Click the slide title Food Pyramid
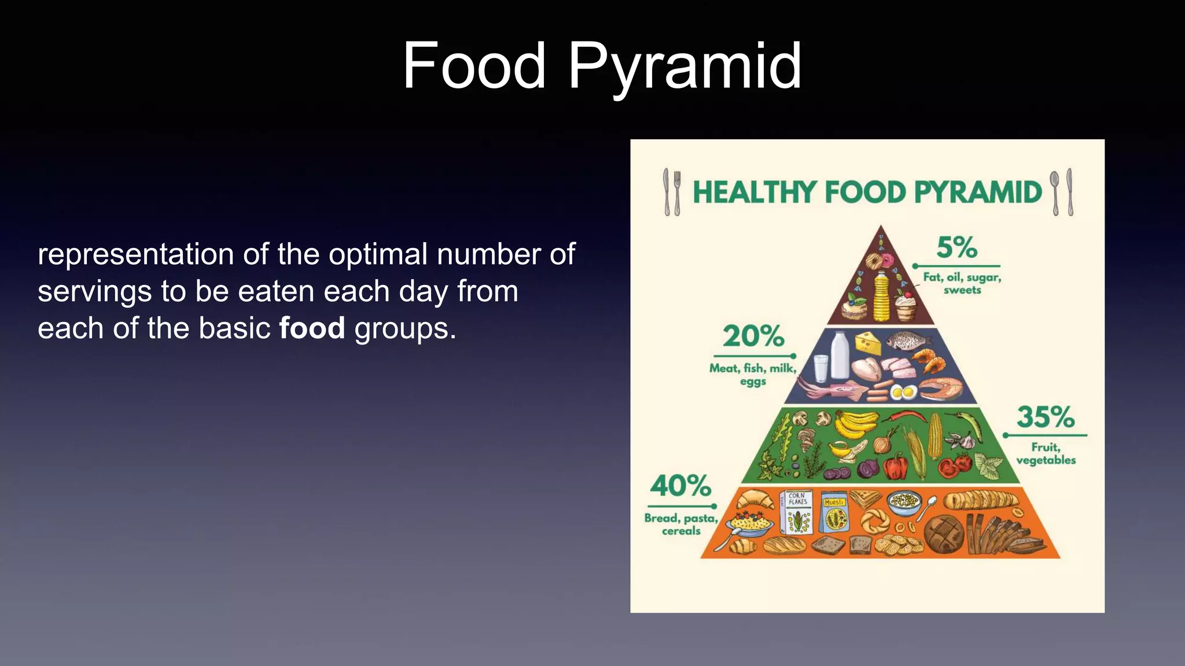[x=602, y=66]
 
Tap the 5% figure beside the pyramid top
[x=957, y=247]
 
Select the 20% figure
[x=753, y=336]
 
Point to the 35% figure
[x=1046, y=417]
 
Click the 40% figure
[x=680, y=486]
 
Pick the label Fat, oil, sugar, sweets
[x=962, y=283]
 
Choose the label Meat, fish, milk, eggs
[x=753, y=374]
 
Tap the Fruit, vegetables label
[x=1046, y=454]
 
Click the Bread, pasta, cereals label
[x=681, y=524]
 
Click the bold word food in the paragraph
[x=312, y=328]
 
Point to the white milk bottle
[x=840, y=354]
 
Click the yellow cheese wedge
[x=868, y=342]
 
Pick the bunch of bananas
[x=855, y=425]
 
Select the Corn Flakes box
[x=797, y=513]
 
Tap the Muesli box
[x=834, y=513]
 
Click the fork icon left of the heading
[x=676, y=192]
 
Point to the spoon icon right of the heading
[x=1055, y=192]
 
